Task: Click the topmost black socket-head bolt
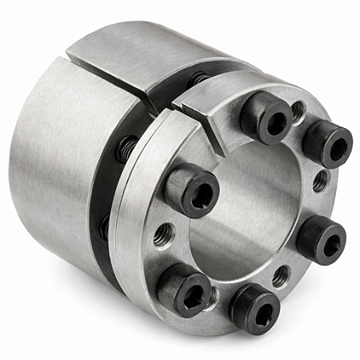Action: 266,118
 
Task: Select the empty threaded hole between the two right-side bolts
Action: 320,182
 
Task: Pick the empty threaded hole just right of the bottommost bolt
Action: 281,276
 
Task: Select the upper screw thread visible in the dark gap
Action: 126,149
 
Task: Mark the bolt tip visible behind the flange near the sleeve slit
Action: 198,79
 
